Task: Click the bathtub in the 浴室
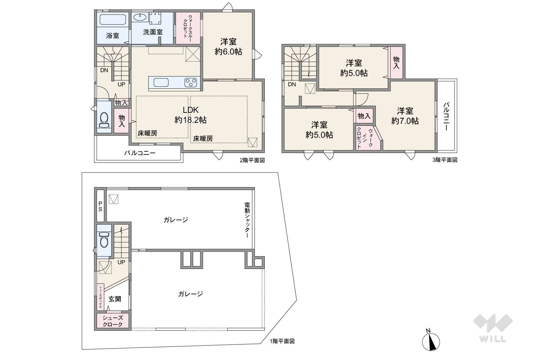113,19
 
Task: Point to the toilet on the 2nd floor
104,120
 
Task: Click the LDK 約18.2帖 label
191,115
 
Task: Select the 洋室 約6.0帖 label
228,46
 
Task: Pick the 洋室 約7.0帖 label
405,116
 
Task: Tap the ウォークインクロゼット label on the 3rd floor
365,138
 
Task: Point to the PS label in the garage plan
100,207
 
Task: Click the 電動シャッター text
247,220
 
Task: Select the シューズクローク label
112,321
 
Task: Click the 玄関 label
114,299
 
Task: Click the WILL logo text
493,339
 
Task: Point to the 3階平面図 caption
445,160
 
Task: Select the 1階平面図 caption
282,341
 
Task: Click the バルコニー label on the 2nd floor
140,153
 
